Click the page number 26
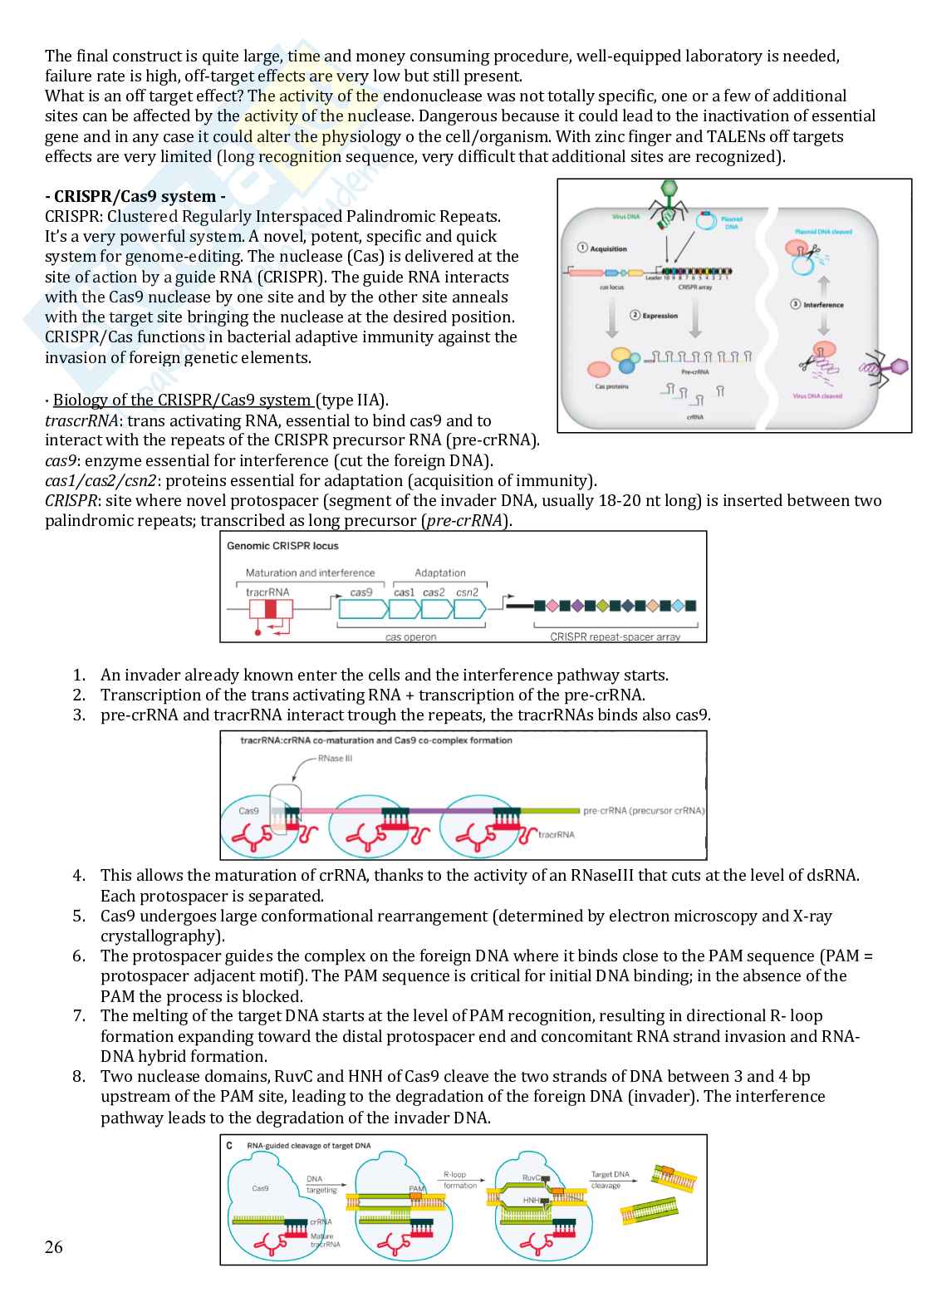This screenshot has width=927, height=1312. point(54,1246)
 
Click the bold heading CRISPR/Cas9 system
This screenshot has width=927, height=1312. point(135,197)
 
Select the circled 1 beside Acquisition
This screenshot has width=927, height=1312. point(582,248)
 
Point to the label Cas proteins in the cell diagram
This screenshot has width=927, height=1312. point(612,386)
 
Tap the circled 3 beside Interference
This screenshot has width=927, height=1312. point(795,305)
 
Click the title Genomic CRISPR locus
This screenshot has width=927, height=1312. point(282,546)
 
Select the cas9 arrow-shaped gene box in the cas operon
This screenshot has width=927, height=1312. point(362,608)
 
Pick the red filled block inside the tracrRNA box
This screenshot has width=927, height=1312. point(270,609)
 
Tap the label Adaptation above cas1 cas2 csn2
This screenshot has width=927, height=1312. point(440,572)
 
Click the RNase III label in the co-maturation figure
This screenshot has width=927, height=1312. point(335,759)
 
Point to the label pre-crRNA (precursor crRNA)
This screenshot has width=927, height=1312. point(644,811)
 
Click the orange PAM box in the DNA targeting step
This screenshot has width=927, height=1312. point(417,1196)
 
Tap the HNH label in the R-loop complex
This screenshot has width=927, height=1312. point(531,1201)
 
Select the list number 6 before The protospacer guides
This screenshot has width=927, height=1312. point(79,956)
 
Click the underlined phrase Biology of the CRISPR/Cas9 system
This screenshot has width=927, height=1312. point(183,400)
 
